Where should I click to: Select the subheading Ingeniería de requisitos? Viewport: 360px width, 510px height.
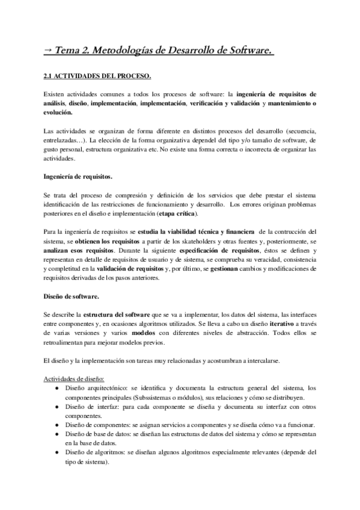[x=78, y=177]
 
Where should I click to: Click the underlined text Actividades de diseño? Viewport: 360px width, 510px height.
[x=75, y=378]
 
